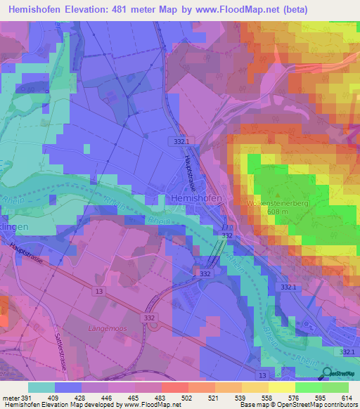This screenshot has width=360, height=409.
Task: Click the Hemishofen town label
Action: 196,199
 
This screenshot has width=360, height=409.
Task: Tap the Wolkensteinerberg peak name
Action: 274,203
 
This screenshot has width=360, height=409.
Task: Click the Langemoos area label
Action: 107,327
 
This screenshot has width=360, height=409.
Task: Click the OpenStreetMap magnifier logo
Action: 325,373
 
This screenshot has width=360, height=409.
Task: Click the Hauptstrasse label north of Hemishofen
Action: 190,169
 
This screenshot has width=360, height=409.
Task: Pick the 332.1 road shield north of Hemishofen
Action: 181,141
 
